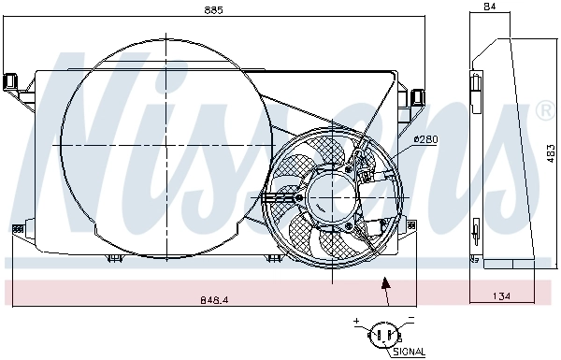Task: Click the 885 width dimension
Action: (x=214, y=10)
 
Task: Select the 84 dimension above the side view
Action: (x=489, y=7)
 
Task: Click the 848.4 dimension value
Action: (x=214, y=300)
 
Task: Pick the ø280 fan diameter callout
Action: (x=425, y=140)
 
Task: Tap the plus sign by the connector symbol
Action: (x=356, y=322)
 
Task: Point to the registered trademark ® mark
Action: (x=542, y=111)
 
